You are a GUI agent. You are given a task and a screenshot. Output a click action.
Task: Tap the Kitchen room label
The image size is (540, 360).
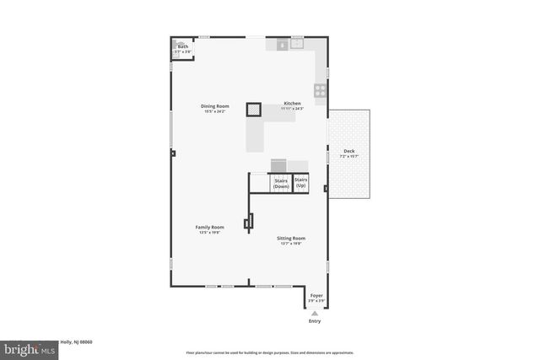pos(292,104)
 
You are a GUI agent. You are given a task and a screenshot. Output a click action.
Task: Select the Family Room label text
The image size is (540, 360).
pos(209,227)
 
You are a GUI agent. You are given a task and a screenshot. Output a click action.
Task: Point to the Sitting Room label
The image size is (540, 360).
pos(291,239)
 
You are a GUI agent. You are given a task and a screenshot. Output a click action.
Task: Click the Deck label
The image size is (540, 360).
pos(348,151)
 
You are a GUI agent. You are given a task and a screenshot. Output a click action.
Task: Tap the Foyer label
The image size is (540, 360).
pos(316,295)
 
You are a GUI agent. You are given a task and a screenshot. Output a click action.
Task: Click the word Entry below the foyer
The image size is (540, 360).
pos(315,321)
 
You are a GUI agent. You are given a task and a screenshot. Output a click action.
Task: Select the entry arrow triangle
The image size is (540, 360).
pos(315,313)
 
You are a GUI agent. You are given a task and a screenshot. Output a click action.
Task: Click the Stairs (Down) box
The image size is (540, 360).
pos(280,183)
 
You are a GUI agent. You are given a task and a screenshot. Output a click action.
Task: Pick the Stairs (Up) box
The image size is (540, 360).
pos(300,182)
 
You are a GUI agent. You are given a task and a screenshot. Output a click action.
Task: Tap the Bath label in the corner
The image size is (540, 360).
pos(182,46)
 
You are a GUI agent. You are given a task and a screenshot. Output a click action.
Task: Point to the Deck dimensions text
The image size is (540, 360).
pos(348,157)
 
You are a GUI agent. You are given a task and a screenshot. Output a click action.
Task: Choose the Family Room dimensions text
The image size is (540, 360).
pos(209,232)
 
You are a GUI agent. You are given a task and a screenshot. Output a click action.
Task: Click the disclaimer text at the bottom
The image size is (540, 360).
pos(270,352)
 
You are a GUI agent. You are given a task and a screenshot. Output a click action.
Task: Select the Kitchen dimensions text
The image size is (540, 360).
pos(292,109)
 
